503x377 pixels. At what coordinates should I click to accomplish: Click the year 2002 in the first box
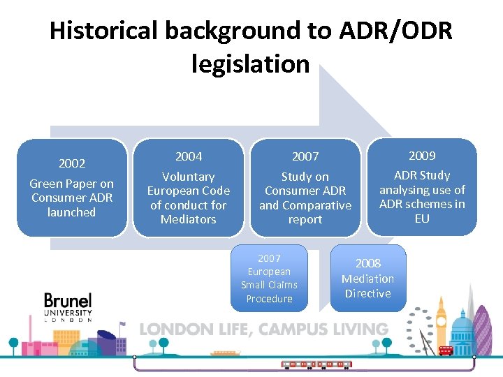(x=72, y=163)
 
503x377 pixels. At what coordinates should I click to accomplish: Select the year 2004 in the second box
(x=189, y=156)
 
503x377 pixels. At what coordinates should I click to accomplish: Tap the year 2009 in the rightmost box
(x=422, y=155)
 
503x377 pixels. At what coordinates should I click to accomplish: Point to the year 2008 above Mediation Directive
(x=368, y=263)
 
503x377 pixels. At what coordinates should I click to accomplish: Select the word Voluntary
(x=189, y=177)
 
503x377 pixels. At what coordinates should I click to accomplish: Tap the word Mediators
(x=189, y=219)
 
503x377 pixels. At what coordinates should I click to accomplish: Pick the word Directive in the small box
(x=367, y=293)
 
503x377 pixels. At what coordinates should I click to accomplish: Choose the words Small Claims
(x=269, y=285)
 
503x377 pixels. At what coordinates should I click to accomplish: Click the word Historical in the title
(x=105, y=31)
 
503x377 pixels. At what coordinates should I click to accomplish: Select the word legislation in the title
(x=250, y=64)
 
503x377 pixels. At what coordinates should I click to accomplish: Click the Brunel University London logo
(x=68, y=307)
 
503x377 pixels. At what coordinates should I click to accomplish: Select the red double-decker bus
(x=445, y=350)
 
